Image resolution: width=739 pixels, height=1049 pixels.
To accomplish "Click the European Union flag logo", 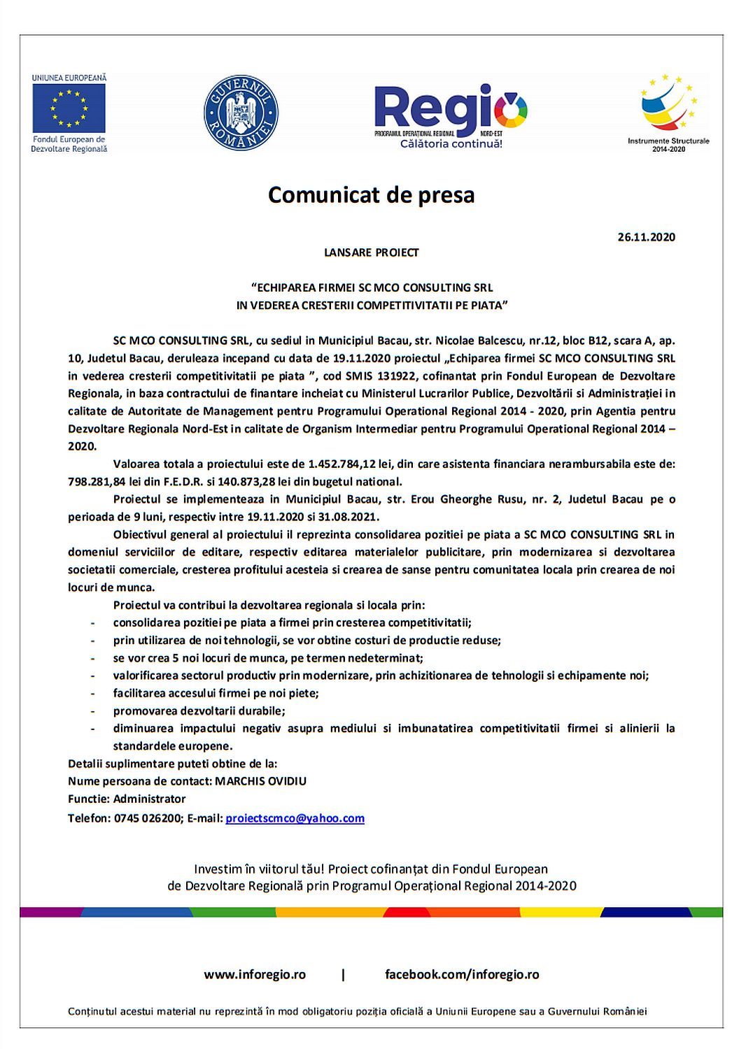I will tap(69, 108).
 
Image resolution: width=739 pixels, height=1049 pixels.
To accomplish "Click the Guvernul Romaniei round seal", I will tap(241, 113).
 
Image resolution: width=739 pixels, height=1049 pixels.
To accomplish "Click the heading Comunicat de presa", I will tap(371, 194).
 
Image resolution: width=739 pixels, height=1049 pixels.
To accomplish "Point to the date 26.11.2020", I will tap(646, 237).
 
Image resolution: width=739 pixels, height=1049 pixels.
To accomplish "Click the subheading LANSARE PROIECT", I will tap(371, 252).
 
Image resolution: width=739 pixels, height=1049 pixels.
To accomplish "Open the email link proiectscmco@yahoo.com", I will tap(295, 818).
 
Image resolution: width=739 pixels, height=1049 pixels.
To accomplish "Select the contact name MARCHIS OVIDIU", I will tap(260, 781).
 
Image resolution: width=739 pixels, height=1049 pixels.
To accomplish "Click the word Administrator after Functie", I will tap(149, 799).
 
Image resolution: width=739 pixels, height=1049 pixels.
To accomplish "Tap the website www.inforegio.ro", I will tap(255, 974).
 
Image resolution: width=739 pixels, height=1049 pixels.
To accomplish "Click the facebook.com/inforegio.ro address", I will tap(462, 974).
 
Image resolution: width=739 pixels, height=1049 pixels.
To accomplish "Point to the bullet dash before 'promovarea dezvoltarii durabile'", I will tap(93, 711).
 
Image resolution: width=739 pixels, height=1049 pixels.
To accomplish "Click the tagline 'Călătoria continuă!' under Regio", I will tap(451, 144).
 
